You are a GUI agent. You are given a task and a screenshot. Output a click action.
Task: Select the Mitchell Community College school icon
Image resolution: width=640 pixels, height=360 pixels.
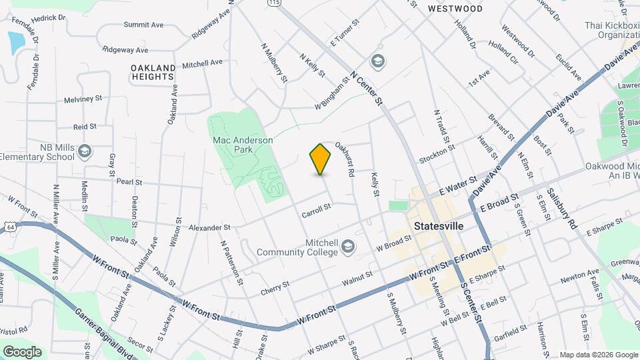tap(347, 248)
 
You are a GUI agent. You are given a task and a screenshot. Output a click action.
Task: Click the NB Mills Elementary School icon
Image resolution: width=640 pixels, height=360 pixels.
tap(84, 151)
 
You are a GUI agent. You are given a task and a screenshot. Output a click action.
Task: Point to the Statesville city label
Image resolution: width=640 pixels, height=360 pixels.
tap(439, 226)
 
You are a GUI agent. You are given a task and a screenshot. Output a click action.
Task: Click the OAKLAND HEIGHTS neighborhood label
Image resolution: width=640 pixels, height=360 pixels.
tap(153, 72)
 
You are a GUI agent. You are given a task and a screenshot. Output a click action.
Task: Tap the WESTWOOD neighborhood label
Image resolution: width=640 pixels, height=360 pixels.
tap(455, 9)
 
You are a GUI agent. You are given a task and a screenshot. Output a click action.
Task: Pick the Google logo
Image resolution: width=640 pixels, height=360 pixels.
tap(22, 352)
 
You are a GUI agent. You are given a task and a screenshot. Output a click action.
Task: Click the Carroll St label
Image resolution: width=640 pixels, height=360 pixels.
tap(316, 209)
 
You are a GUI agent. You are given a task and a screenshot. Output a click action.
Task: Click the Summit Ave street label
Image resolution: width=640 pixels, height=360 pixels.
tap(143, 25)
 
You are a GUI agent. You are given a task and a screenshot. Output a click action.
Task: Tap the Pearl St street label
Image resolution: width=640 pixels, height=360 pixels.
tap(129, 182)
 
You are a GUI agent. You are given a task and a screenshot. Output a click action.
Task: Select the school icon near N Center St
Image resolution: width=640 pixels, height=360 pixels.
tap(378, 62)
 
